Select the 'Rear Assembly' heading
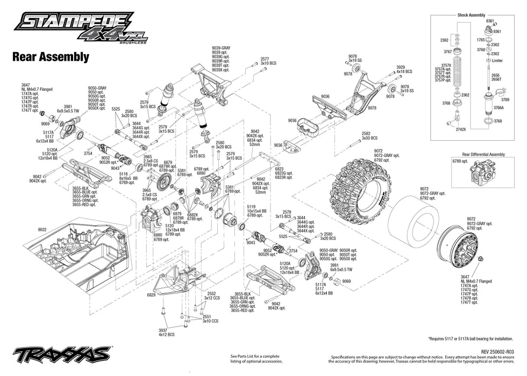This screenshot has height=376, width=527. click(x=51, y=56)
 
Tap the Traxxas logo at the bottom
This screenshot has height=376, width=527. click(x=62, y=355)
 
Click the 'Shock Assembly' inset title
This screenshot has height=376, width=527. click(x=471, y=15)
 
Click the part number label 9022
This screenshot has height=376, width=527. click(x=42, y=229)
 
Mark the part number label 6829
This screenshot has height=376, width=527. click(x=151, y=295)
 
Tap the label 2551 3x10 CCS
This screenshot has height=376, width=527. click(x=210, y=319)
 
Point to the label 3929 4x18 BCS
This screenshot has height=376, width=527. click(x=404, y=69)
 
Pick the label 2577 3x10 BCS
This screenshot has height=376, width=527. click(x=267, y=61)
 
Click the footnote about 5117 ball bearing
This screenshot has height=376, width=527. click(x=473, y=339)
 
